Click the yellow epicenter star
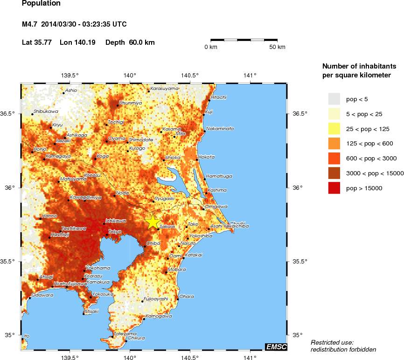pos(153,222)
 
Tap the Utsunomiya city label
pos(131,103)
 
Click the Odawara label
pos(42,295)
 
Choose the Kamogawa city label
pos(159,316)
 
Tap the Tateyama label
pos(125,334)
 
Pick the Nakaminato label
pos(220,128)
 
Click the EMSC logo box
pos(276,346)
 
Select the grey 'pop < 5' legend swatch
pos(334,99)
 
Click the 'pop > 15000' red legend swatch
pos(334,188)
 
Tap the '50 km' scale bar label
pos(278,47)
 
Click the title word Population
pos(41,4)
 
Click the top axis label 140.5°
pos(190,76)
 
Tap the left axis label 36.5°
pos(10,114)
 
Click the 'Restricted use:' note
pos(332,342)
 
